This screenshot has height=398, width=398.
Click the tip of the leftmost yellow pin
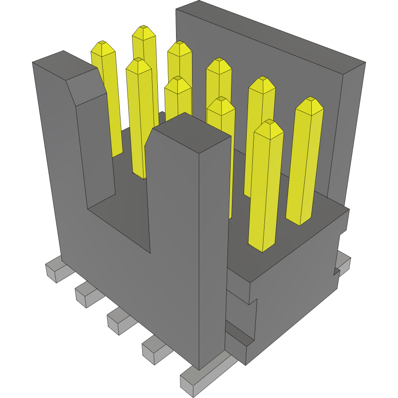click(103, 43)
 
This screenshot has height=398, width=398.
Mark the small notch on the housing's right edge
click(336, 271)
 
